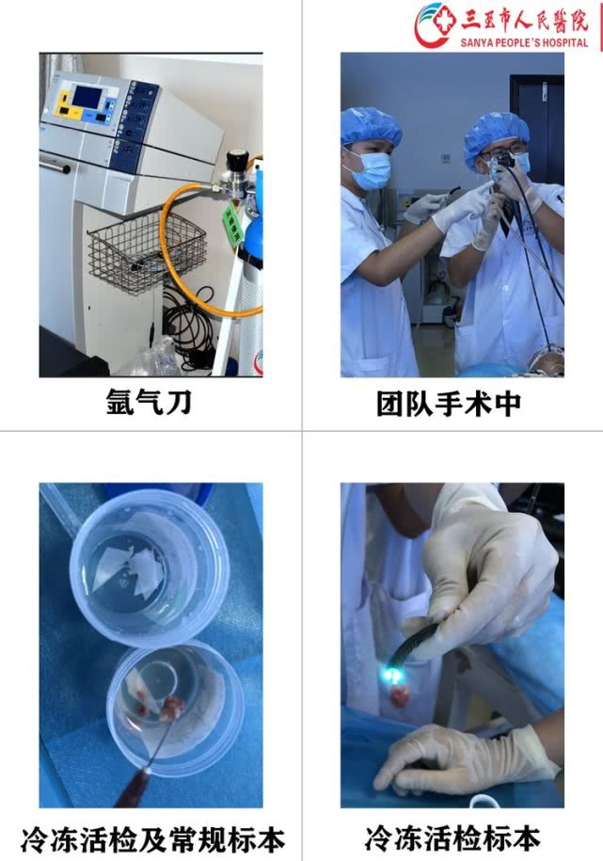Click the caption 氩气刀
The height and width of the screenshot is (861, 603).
[151, 403]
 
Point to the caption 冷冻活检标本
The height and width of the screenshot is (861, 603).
[452, 837]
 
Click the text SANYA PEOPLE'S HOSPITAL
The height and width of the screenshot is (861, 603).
[524, 42]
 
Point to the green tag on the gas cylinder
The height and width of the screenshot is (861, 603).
[231, 226]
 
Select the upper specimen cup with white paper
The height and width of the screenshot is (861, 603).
[148, 565]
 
